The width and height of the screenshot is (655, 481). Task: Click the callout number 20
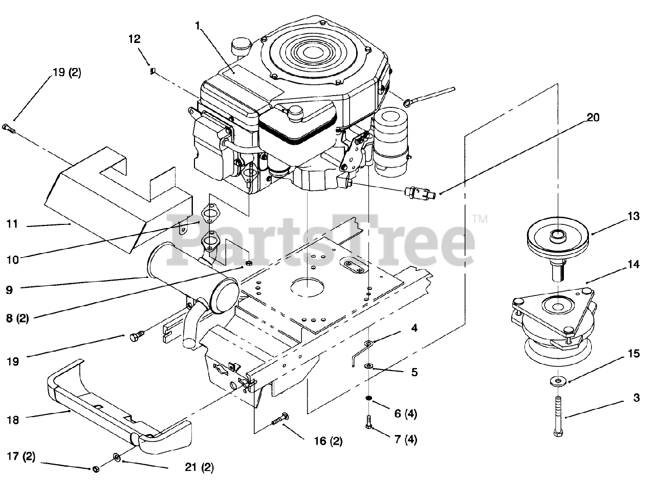593,117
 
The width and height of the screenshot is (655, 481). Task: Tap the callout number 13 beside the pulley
634,217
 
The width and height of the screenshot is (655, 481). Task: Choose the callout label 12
135,39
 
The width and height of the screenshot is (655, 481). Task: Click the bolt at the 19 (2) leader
9,128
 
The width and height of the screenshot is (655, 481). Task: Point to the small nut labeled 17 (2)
95,468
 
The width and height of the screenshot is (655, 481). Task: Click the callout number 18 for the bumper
13,420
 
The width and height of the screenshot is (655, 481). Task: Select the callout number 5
414,373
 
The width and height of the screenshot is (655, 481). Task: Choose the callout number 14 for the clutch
634,265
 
